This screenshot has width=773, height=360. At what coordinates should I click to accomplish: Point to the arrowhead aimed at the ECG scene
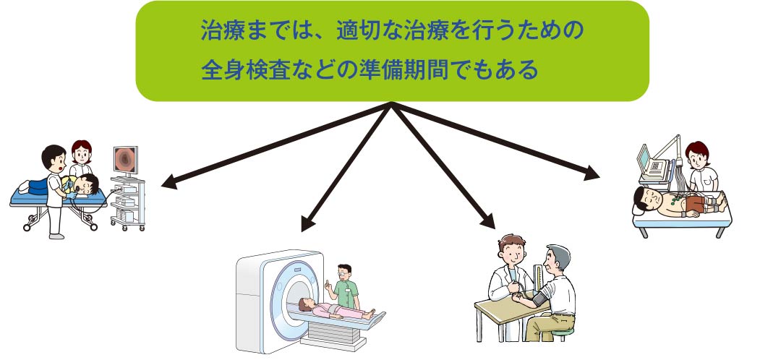tap(592, 173)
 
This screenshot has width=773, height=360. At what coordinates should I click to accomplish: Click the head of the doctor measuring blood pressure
tap(511, 249)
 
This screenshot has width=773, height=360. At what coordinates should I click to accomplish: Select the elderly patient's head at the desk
tap(557, 259)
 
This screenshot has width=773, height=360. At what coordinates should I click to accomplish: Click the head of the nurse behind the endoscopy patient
tap(82, 152)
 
